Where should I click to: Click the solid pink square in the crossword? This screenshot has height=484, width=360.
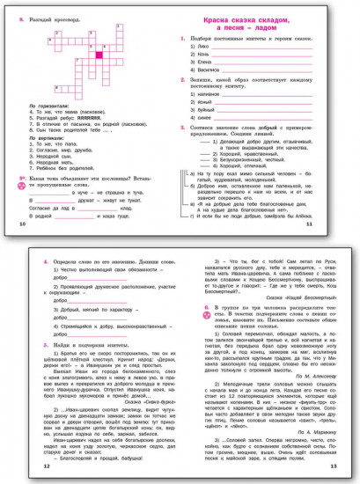pyautogui.click(x=99, y=55)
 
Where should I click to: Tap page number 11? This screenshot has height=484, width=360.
pyautogui.click(x=334, y=226)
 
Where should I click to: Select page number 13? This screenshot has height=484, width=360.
pyautogui.click(x=334, y=465)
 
